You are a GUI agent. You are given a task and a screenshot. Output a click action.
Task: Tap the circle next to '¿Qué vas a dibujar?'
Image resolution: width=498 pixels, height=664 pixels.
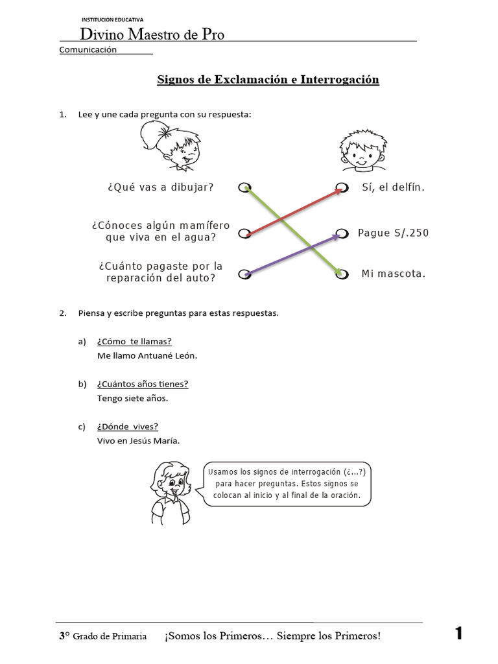pyautogui.click(x=244, y=188)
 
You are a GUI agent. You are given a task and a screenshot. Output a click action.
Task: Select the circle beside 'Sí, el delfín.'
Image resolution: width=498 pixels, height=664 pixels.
pyautogui.click(x=342, y=188)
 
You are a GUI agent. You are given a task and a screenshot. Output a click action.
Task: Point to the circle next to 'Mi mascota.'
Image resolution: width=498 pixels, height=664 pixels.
pyautogui.click(x=342, y=274)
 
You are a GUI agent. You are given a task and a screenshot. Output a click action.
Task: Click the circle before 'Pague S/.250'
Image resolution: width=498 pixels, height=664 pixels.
pyautogui.click(x=342, y=233)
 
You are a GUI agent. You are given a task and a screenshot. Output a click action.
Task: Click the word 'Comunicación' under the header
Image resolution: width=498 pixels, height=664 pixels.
pyautogui.click(x=88, y=50)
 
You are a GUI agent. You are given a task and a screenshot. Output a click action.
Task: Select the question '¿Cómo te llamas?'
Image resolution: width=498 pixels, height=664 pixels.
pyautogui.click(x=134, y=342)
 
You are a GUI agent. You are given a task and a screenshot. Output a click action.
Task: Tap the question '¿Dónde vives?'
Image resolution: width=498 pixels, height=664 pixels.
pyautogui.click(x=128, y=427)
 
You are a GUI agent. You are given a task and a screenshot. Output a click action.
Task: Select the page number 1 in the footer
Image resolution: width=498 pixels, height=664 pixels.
pyautogui.click(x=459, y=634)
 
